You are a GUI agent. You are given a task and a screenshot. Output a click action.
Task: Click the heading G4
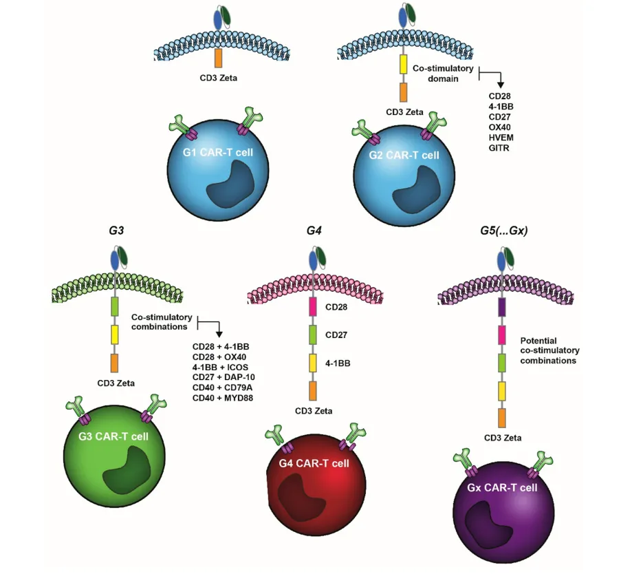(x=314, y=231)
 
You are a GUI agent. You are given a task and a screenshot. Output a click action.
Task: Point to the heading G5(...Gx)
(x=503, y=231)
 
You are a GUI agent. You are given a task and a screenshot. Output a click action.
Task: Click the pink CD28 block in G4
(x=314, y=306)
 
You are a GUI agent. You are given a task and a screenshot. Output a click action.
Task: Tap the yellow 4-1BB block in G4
(x=314, y=362)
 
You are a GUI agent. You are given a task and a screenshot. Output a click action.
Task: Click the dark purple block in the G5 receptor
(x=502, y=306)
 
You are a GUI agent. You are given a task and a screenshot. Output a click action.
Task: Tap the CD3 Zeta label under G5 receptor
(x=503, y=437)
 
